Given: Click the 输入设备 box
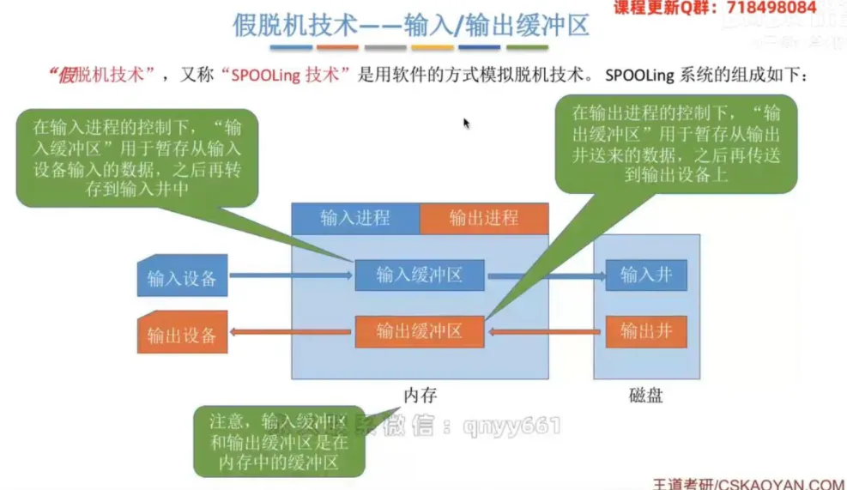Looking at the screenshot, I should (x=182, y=276).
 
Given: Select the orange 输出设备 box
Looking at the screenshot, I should (x=182, y=332).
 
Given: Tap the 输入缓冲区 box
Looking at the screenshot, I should (x=420, y=275).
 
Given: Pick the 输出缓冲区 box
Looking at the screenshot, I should (x=420, y=331).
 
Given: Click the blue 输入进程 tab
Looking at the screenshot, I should (x=355, y=218).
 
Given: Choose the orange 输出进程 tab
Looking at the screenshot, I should (x=484, y=219).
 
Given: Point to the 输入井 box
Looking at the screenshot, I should (x=646, y=275).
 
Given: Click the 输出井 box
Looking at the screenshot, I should (x=646, y=331).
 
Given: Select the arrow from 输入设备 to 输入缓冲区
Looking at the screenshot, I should (x=292, y=275).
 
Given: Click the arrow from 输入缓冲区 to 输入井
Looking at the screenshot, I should (x=544, y=276).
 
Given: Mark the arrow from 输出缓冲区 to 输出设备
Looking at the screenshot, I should (x=292, y=332).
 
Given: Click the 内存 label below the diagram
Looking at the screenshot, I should (x=420, y=396).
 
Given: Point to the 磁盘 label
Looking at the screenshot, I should (x=646, y=396).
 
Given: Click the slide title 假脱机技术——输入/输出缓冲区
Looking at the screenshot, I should (x=411, y=25).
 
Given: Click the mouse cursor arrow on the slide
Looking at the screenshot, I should (x=466, y=123).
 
